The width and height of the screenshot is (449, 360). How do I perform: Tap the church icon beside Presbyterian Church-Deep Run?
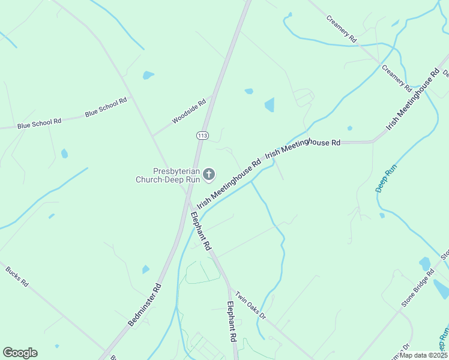pos(209,175)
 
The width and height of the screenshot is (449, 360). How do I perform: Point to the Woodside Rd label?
pos(189,111)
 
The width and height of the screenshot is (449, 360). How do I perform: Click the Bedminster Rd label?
pos(145,305)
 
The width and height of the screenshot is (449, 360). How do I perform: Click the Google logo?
pos(20,353)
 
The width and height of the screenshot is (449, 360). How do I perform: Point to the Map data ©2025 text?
pos(423,355)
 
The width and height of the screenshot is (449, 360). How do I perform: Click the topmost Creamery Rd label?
pos(342,28)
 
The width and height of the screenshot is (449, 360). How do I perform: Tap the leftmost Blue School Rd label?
pos(40,123)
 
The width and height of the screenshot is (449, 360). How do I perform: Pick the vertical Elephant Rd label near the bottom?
pos(231,322)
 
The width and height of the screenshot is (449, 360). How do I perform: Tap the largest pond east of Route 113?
pos(270,105)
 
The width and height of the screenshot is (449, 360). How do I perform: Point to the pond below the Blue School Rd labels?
pos(64,154)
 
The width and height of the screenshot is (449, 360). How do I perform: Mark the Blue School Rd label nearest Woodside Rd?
pos(106,106)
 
